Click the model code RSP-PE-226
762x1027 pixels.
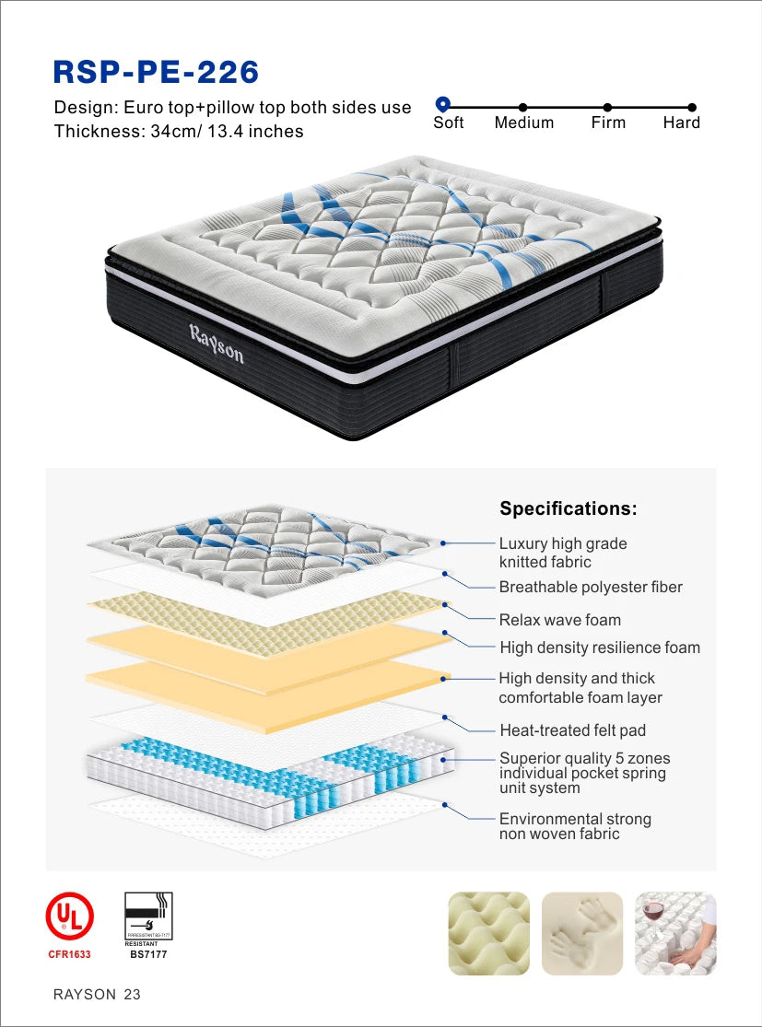[x=157, y=71]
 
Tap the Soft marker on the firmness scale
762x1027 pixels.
[x=442, y=105]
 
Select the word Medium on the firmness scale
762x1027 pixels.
[x=523, y=123]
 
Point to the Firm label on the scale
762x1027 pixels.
[x=608, y=123]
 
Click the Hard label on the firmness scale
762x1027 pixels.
[x=681, y=123]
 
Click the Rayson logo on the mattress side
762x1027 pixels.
[x=217, y=343]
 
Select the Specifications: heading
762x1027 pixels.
[x=568, y=508]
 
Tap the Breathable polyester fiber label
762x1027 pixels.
[x=591, y=587]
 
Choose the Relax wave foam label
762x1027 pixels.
[x=559, y=620]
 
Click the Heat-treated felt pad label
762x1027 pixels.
[x=572, y=730]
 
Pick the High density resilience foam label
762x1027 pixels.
[x=600, y=648]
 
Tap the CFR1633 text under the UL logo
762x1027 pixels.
[x=69, y=954]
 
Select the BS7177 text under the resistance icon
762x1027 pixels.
[x=148, y=954]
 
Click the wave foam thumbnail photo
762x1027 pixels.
[x=488, y=933]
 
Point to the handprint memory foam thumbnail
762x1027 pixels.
[x=581, y=933]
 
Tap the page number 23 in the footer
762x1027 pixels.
[x=132, y=995]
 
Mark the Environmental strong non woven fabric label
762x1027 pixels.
[x=574, y=826]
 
